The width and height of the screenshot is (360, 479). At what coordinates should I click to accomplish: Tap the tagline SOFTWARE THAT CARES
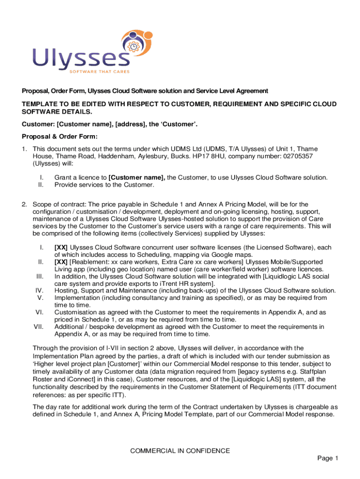tap(100, 72)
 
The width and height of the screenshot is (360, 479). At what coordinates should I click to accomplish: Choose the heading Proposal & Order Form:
tap(60, 137)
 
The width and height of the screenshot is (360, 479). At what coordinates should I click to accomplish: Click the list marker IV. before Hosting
tap(39, 290)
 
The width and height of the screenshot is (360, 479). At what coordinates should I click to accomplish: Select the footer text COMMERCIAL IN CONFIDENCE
tap(180, 451)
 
